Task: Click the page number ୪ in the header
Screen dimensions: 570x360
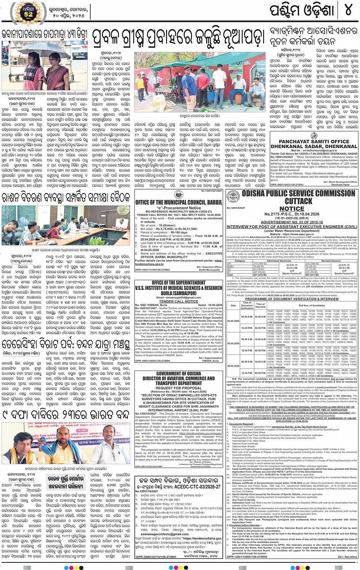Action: tap(348, 10)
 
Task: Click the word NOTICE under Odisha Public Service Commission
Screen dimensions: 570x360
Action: tap(292, 208)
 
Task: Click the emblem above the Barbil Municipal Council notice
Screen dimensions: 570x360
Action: tap(179, 195)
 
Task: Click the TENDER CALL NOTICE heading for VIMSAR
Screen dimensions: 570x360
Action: tap(179, 301)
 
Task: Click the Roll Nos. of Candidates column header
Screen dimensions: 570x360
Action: tap(312, 305)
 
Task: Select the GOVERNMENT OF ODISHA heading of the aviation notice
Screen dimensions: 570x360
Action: tap(179, 374)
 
